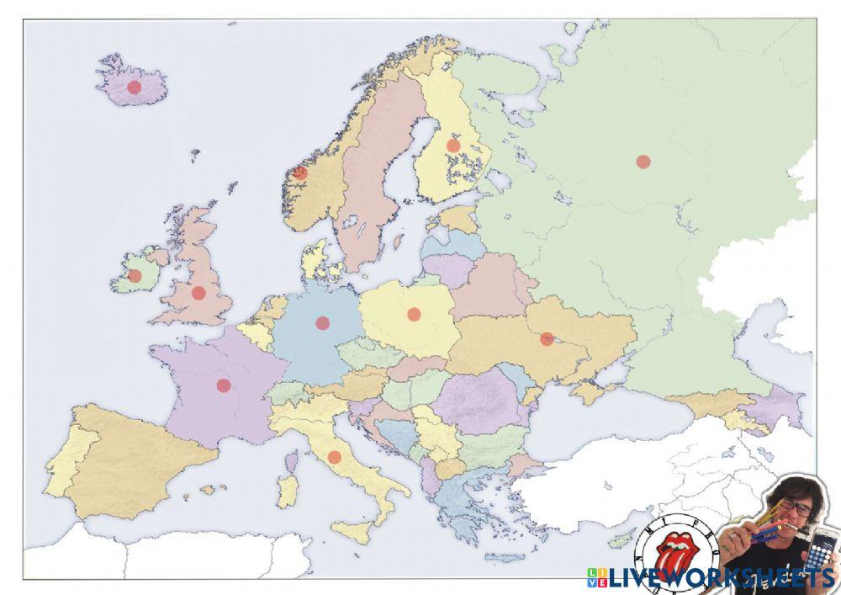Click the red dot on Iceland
134,87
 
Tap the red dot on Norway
300,173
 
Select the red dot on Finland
453,146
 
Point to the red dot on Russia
643,162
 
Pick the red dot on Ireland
135,276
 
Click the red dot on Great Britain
198,293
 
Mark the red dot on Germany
322,322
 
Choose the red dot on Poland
414,314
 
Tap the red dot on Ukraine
547,339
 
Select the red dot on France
224,385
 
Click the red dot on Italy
335,457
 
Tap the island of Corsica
292,460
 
